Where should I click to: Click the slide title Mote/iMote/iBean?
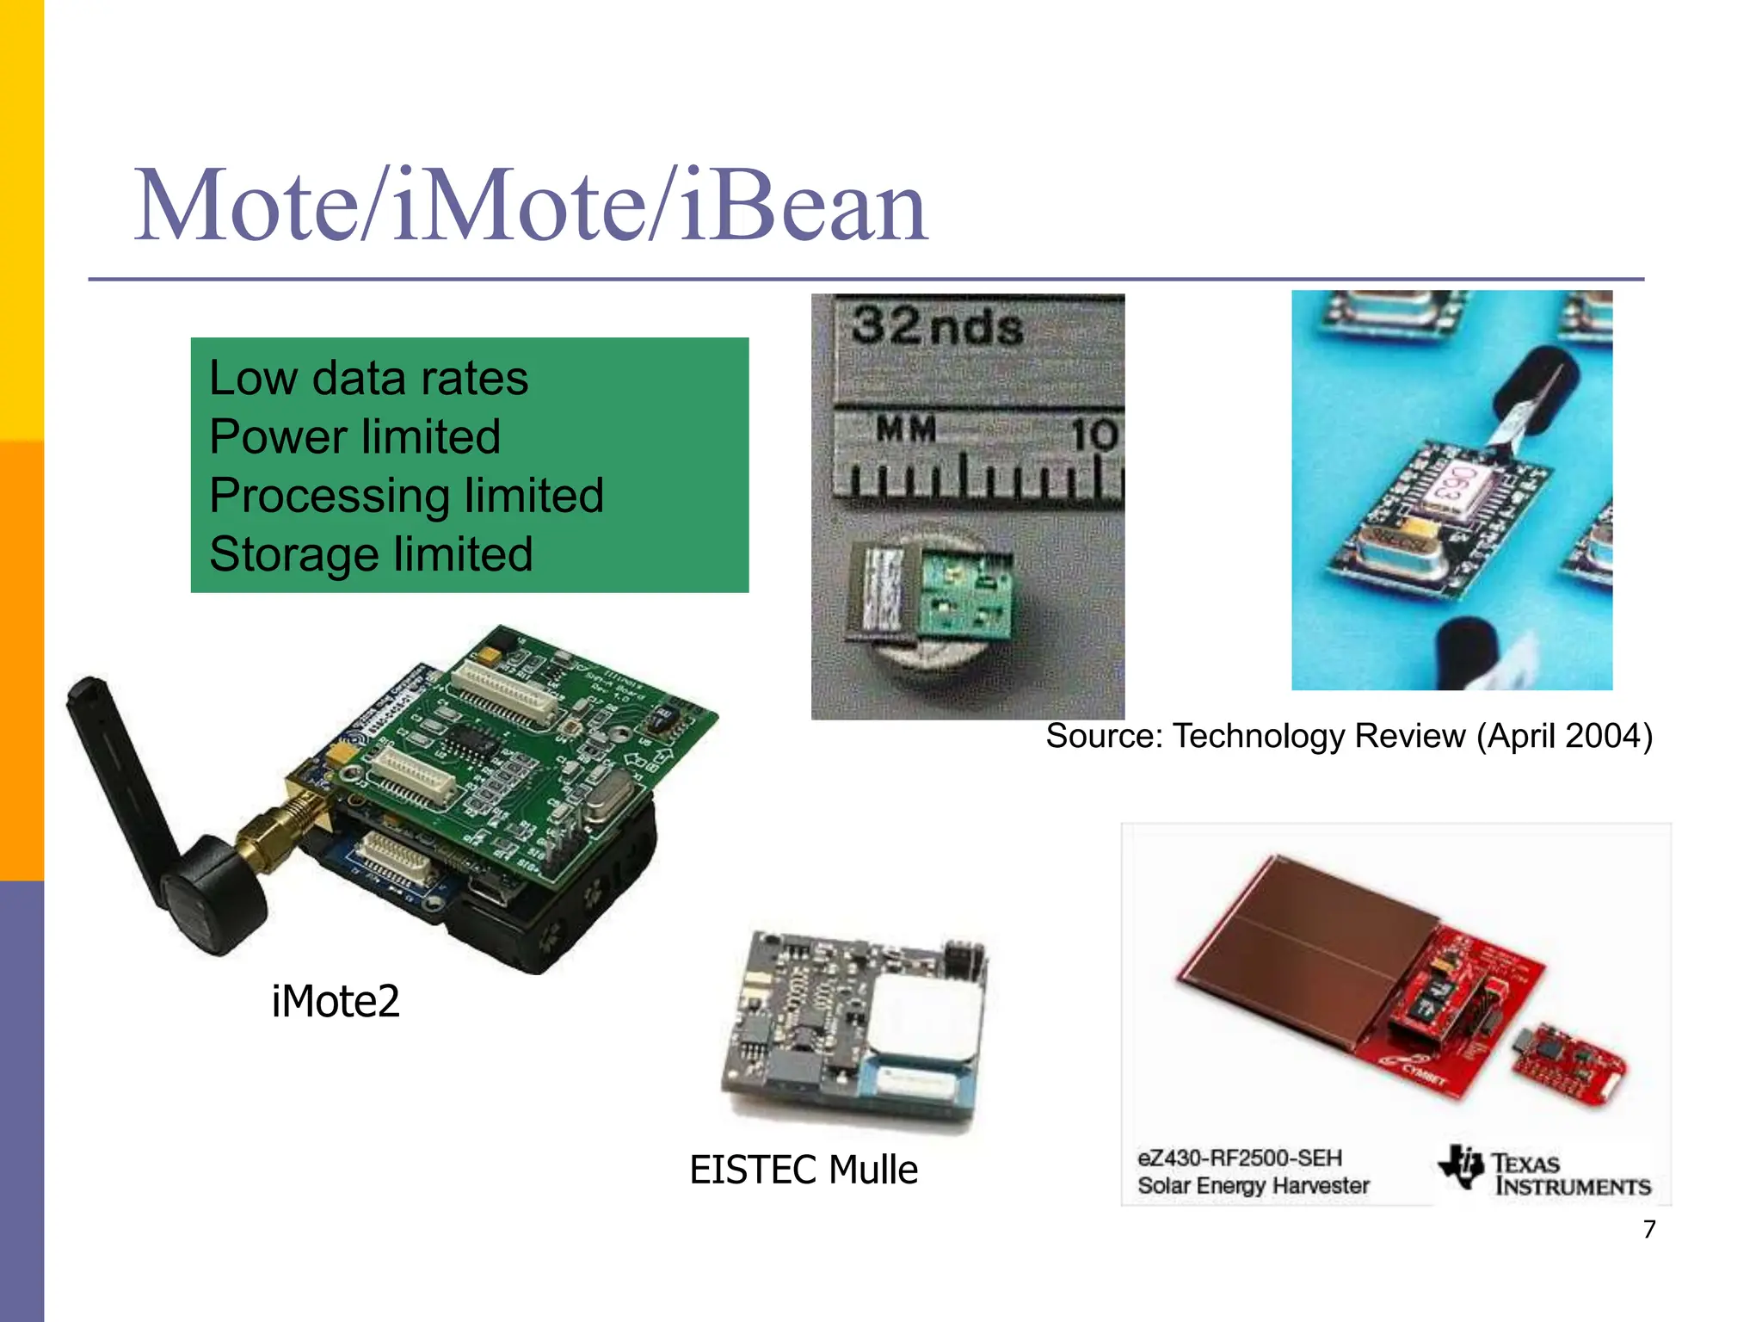point(531,207)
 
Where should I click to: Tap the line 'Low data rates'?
point(368,379)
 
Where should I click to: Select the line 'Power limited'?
point(354,436)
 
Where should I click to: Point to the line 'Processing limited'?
point(406,496)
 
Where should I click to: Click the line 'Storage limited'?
point(371,554)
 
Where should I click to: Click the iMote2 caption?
point(336,1001)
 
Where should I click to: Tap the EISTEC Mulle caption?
point(804,1171)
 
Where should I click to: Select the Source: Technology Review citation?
point(1348,737)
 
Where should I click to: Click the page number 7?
point(1648,1229)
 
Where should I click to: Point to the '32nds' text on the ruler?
point(937,327)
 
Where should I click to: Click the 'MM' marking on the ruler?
point(905,428)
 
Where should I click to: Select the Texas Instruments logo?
point(1545,1173)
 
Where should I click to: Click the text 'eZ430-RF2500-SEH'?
point(1239,1158)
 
